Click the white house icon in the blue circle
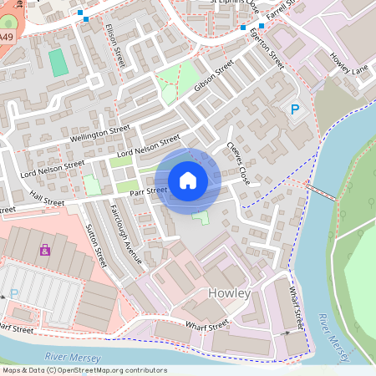(x=188, y=180)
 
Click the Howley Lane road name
(x=348, y=64)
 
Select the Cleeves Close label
(x=237, y=162)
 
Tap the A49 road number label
(x=7, y=38)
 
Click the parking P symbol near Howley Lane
(x=294, y=109)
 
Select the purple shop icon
(x=44, y=249)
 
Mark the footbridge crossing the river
(x=322, y=192)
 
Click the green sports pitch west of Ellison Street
(x=58, y=64)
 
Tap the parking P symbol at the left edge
(x=13, y=294)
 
